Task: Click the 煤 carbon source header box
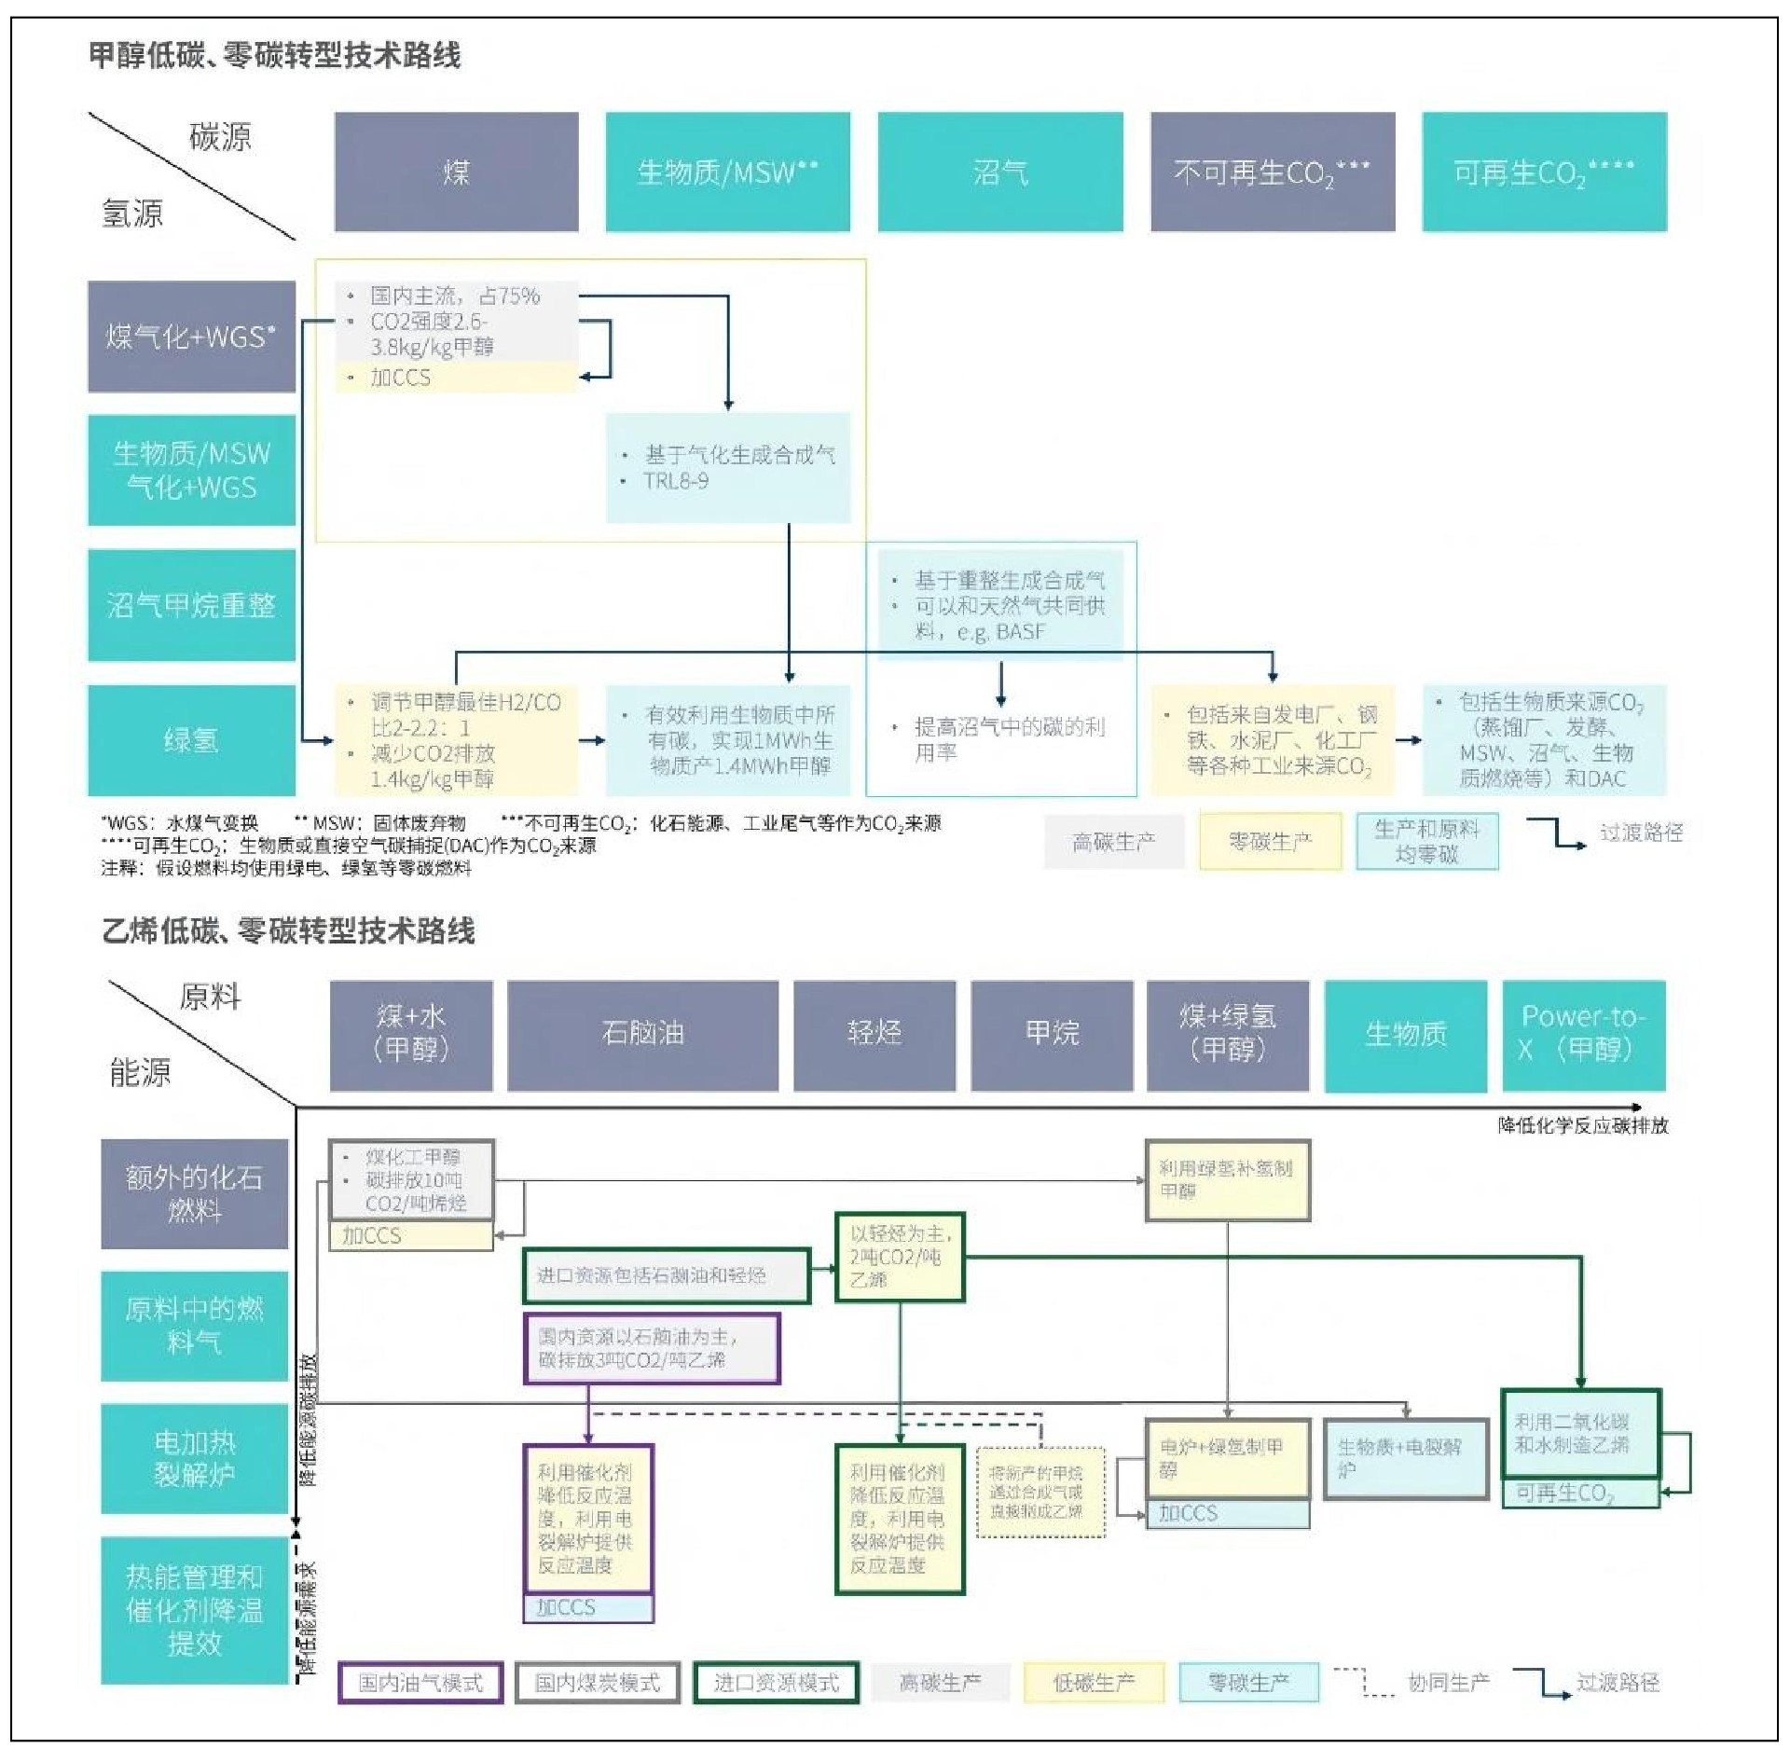point(456,172)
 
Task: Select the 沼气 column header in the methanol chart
point(999,172)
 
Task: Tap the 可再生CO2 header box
point(1544,172)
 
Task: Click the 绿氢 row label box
point(191,740)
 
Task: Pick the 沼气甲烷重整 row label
point(191,605)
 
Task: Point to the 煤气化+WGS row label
point(191,336)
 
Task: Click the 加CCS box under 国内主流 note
point(455,378)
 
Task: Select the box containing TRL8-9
point(728,468)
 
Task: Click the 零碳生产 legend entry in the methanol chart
point(1270,842)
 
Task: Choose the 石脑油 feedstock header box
point(642,1034)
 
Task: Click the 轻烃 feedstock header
point(874,1034)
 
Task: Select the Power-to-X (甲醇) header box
point(1583,1034)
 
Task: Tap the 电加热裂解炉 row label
point(194,1458)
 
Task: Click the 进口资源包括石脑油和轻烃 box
point(666,1275)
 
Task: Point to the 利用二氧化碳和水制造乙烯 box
point(1580,1434)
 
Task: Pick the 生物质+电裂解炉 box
point(1405,1459)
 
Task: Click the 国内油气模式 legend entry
point(420,1683)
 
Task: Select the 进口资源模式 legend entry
point(776,1683)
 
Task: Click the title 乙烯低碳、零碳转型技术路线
point(289,930)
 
